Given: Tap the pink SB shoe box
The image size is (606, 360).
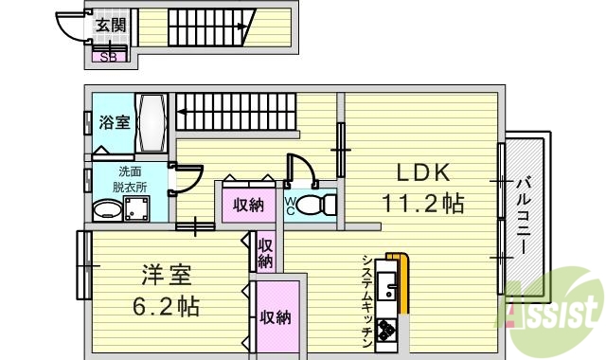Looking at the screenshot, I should (110, 54).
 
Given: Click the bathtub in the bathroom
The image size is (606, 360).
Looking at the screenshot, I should (151, 123).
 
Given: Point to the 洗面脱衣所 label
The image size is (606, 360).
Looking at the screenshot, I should (130, 179).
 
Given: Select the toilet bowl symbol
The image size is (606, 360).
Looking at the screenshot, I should (323, 204).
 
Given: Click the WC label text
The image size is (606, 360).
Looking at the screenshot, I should (292, 206).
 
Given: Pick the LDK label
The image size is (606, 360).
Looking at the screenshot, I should (421, 173).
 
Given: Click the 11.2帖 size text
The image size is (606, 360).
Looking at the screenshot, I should (422, 202).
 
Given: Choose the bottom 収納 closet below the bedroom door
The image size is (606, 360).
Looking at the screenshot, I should (276, 317).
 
